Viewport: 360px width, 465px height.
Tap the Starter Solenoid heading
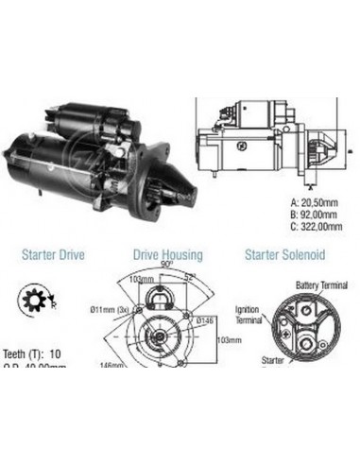(284, 252)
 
